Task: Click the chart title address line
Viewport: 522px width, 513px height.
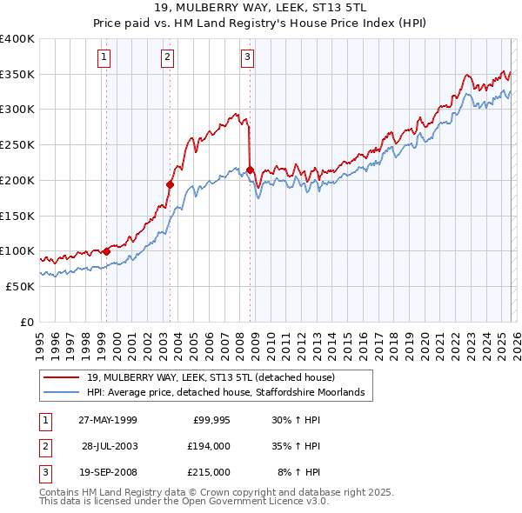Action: point(260,10)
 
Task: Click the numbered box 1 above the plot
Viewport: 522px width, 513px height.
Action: point(104,58)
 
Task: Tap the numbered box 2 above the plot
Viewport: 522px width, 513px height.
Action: point(167,58)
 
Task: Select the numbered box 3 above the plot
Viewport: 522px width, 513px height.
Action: point(247,58)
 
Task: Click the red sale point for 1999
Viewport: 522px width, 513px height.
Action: point(107,251)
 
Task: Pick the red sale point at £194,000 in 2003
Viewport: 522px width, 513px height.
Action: point(171,184)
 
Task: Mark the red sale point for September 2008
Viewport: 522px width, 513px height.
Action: point(250,170)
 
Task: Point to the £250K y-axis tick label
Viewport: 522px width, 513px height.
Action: point(17,145)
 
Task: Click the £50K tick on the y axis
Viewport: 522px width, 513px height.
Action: point(20,286)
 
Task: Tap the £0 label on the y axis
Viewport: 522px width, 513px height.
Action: point(27,322)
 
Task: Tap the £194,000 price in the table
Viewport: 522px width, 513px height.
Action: point(208,446)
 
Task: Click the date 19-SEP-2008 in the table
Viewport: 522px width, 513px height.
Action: point(107,472)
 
